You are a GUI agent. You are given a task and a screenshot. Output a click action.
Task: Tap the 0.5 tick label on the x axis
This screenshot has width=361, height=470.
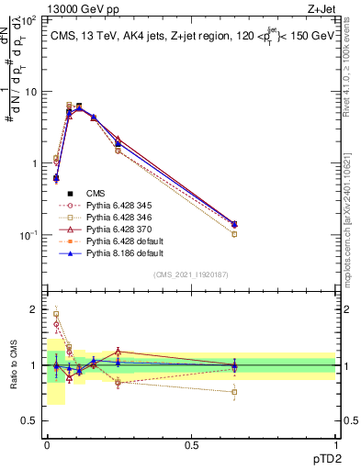(191, 444)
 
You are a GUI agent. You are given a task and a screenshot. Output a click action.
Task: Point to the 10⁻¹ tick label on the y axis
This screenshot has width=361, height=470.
(28, 235)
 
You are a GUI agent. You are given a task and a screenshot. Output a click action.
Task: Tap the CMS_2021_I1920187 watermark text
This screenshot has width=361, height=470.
(191, 274)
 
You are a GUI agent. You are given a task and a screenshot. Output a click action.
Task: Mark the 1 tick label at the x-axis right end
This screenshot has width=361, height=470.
(336, 444)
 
